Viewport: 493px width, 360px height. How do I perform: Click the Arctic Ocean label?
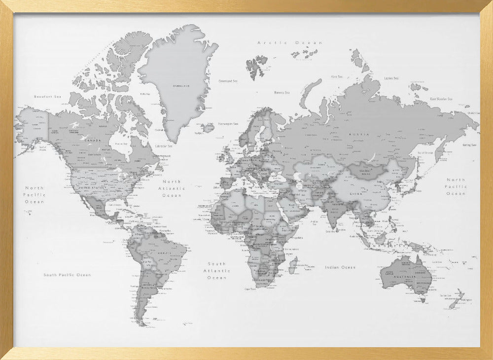tap(290, 43)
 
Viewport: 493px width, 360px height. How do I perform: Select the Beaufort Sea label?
tap(47, 97)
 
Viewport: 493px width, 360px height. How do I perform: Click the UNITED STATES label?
tap(93, 187)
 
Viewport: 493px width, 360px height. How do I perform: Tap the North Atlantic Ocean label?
tap(172, 188)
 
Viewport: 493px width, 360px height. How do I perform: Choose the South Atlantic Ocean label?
tap(217, 271)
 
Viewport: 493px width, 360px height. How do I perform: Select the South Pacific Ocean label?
tap(67, 275)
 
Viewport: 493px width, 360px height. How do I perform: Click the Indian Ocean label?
tap(340, 267)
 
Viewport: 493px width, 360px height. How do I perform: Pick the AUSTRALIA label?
tap(407, 277)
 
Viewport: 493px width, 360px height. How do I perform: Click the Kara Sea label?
tap(337, 76)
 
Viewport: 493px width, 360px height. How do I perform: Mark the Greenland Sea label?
tap(228, 80)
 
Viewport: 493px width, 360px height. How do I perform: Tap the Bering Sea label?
tap(469, 145)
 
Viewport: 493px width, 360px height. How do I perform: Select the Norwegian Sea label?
tap(228, 124)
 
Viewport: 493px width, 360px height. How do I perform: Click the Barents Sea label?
tap(282, 92)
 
